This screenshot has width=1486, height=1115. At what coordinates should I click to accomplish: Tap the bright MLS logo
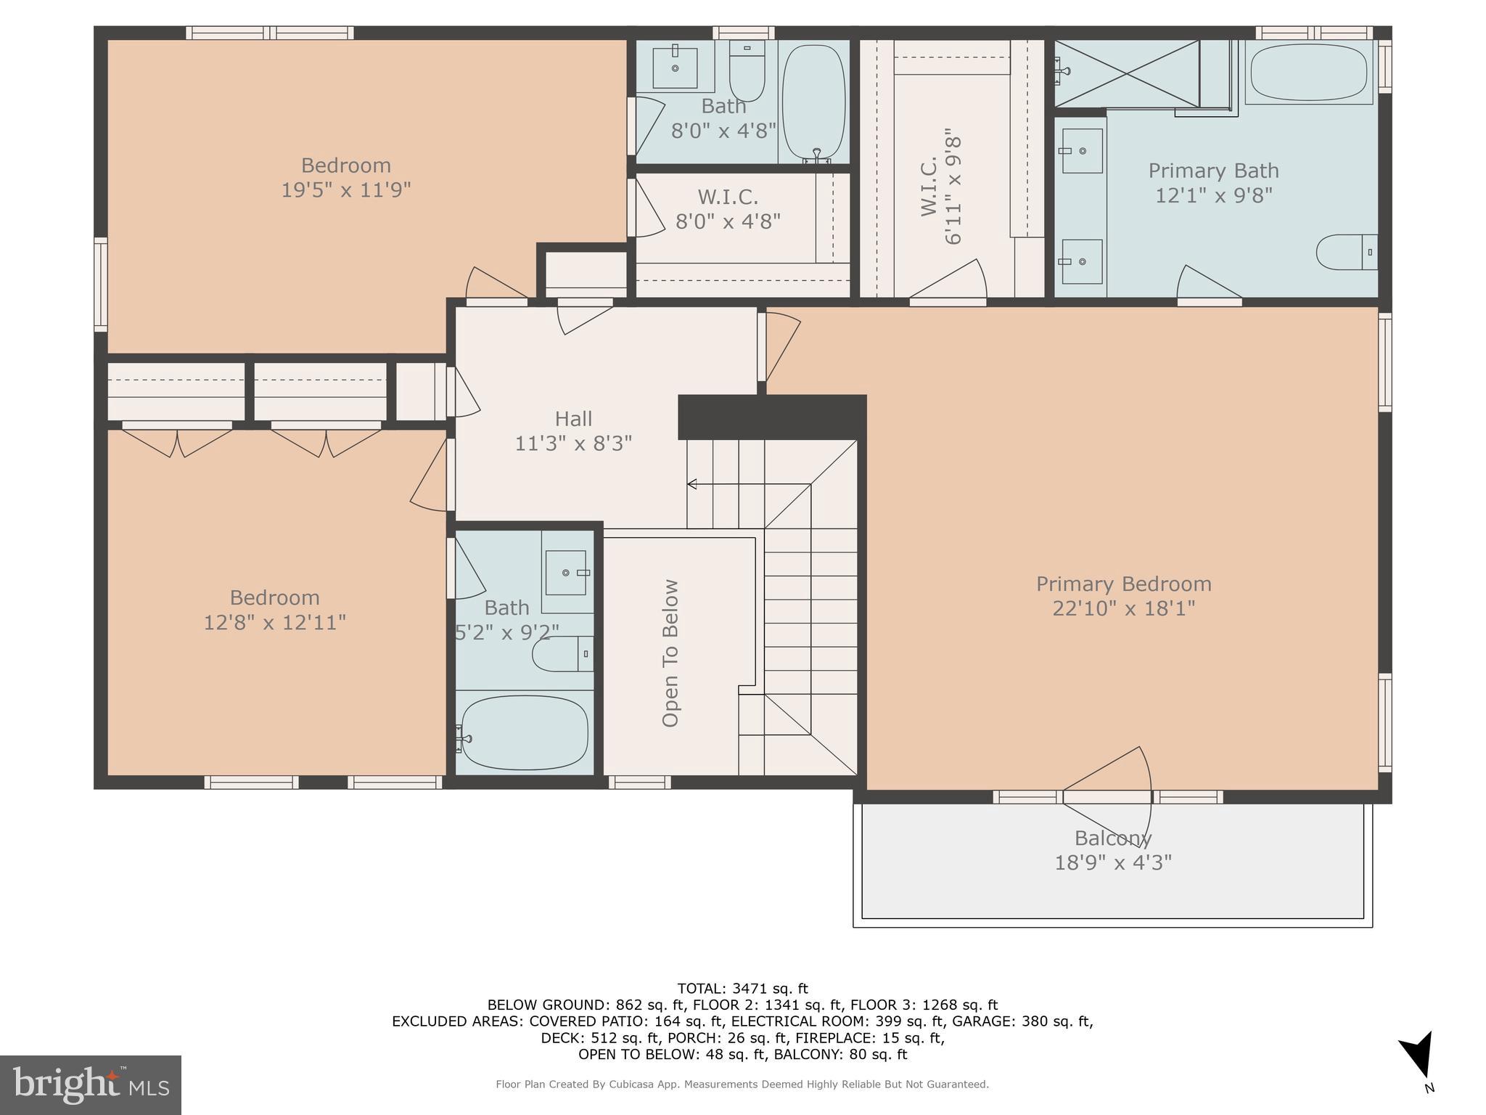(90, 1085)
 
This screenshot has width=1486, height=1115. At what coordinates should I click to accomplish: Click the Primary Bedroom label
(1123, 584)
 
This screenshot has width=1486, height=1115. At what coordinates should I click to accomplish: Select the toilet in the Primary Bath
(1347, 252)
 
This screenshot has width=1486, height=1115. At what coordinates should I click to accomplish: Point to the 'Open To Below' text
(670, 653)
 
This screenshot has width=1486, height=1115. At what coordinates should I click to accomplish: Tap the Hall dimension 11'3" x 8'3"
(573, 443)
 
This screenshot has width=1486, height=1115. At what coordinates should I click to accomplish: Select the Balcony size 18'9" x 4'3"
(1112, 862)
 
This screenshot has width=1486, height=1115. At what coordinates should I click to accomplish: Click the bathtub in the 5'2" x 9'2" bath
(524, 733)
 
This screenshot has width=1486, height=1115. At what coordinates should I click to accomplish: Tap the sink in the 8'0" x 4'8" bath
(675, 68)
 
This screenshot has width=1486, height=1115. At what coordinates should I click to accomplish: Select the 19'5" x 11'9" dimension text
(346, 189)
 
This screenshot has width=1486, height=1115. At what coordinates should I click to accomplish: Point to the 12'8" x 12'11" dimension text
(274, 622)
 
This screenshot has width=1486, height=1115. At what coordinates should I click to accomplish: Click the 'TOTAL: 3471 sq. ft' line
(742, 988)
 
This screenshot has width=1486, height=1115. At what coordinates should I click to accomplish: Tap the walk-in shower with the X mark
(1126, 73)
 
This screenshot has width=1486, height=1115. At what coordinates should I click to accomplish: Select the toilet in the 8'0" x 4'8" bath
(747, 70)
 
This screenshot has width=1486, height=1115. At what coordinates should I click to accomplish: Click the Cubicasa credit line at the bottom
(742, 1085)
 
